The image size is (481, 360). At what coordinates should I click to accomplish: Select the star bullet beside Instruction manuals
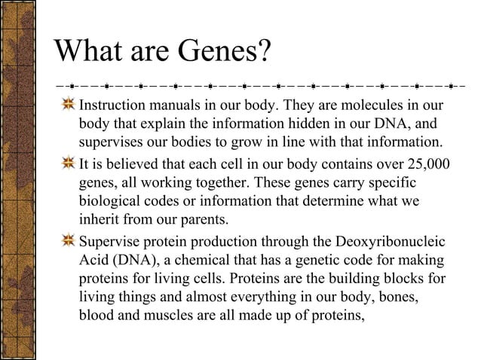68,104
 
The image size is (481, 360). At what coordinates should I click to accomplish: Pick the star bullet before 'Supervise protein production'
68,242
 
